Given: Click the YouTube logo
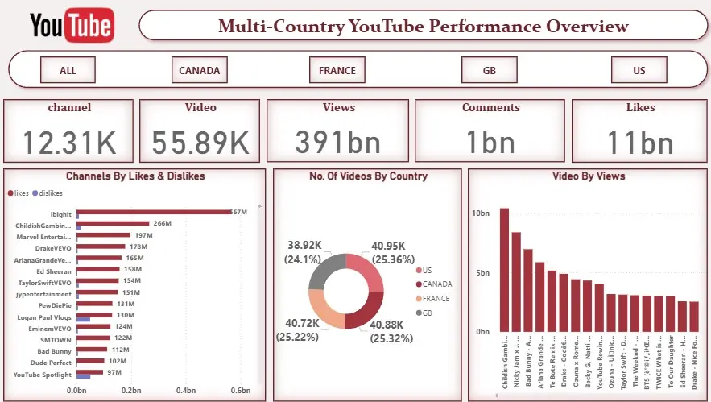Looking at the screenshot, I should (72, 26).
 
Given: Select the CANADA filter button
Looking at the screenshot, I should (199, 70).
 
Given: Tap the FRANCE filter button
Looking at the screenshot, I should (337, 70).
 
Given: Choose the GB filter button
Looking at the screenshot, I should (489, 70).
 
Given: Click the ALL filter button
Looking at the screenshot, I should (68, 70).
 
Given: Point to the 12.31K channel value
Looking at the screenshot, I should (69, 143).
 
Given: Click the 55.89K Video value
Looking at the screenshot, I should (200, 143).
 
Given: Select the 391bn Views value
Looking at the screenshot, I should (337, 143).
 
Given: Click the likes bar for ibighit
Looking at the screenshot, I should (153, 213).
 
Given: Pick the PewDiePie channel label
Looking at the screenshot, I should (55, 305).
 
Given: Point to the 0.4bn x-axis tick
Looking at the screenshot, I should (187, 391).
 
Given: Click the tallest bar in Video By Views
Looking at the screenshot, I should (504, 269).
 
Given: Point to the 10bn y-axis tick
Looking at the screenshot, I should (480, 213).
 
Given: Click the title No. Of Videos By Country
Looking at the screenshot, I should (369, 176).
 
